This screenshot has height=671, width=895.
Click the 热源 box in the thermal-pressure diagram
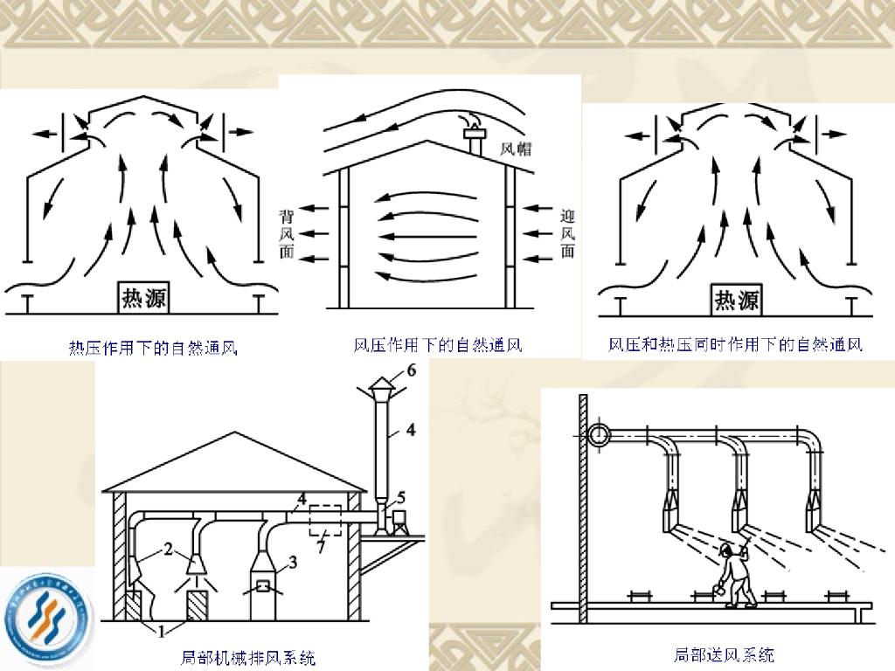[144, 298]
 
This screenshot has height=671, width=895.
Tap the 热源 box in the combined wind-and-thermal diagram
[737, 300]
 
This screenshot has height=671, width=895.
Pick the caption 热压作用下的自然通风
[154, 349]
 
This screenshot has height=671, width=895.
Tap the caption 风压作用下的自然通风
[438, 345]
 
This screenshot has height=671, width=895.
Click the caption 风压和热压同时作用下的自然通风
[736, 345]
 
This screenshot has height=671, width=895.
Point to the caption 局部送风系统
[725, 654]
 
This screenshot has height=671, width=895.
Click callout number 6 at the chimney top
[411, 371]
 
